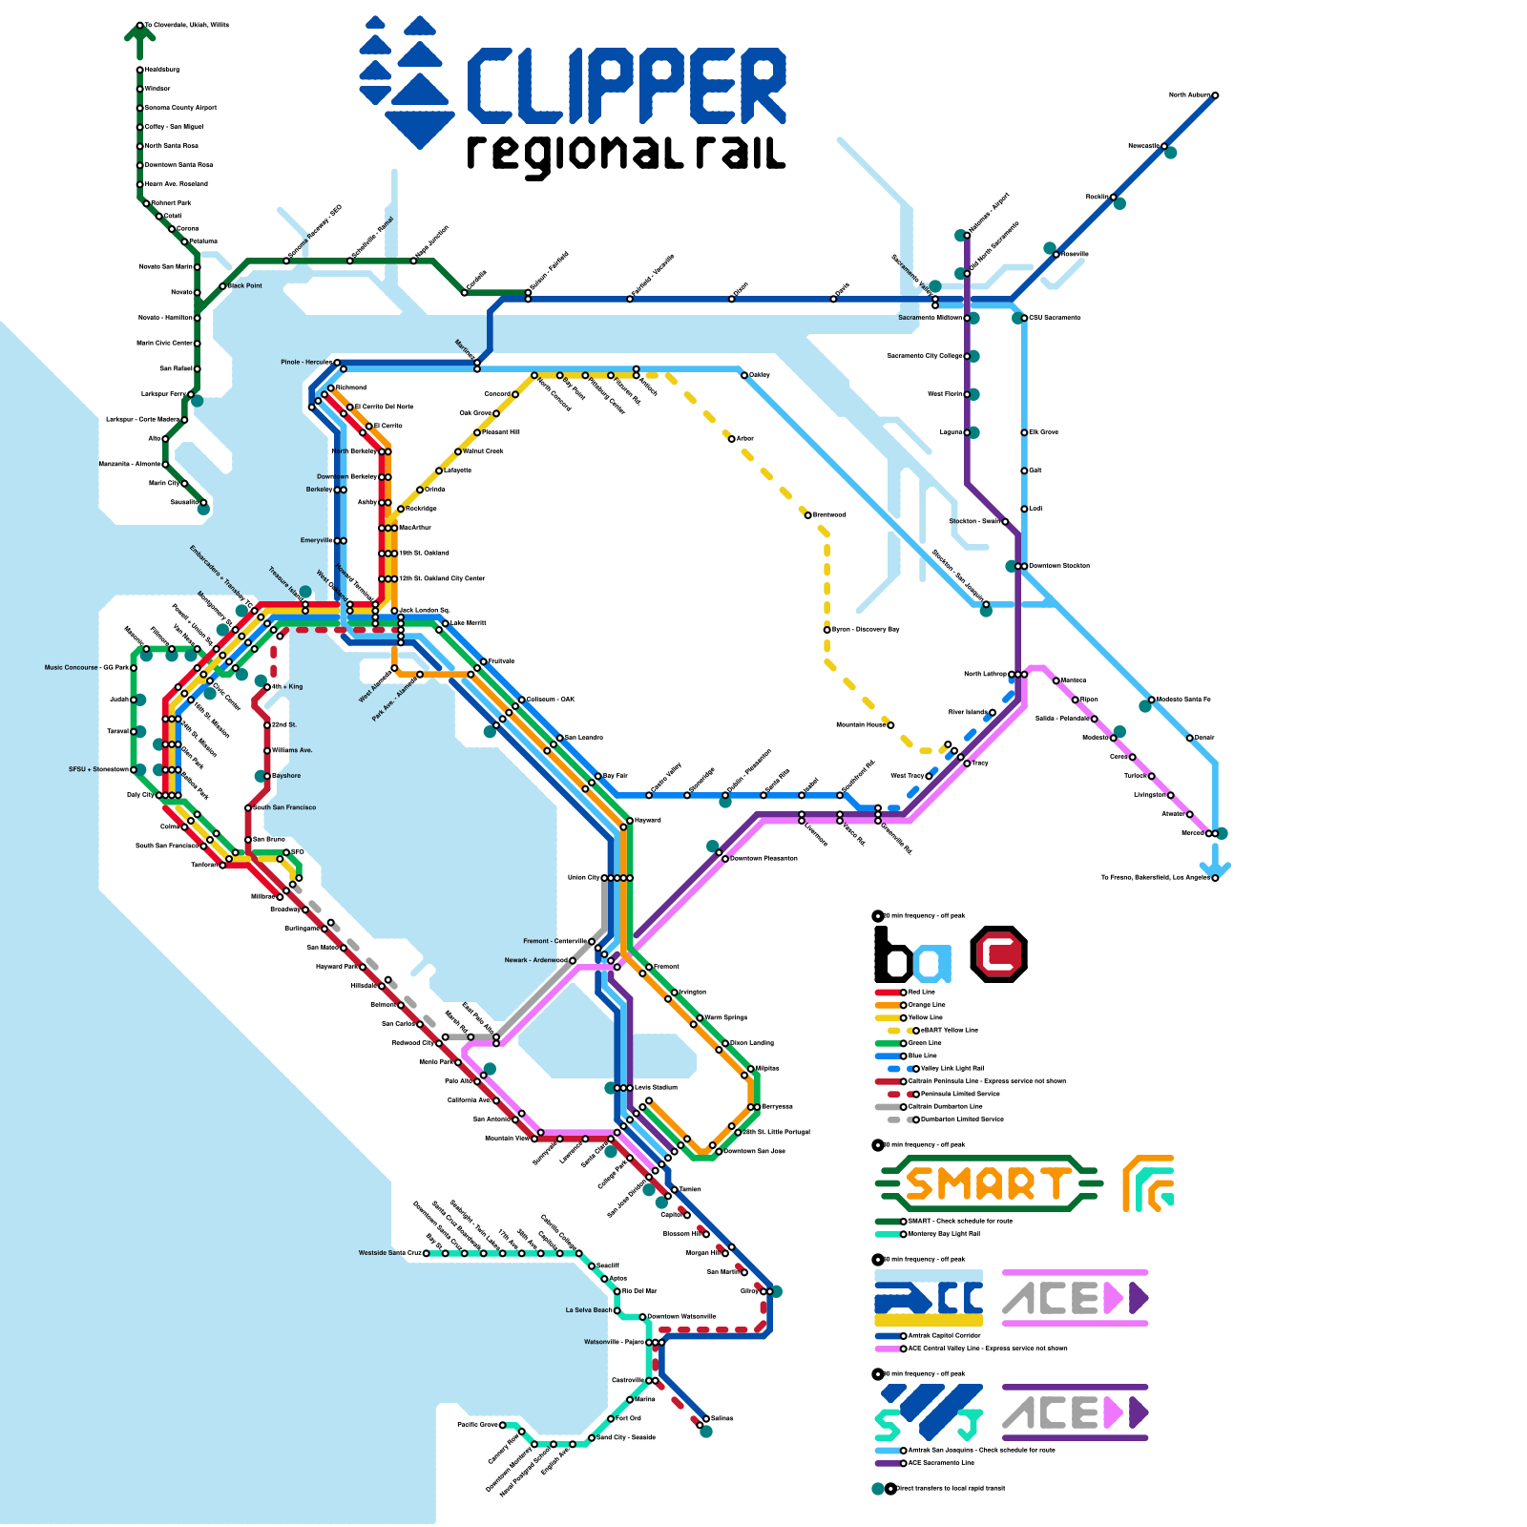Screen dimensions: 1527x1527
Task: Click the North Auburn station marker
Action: pyautogui.click(x=1215, y=95)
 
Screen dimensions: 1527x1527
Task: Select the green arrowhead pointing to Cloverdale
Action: pyautogui.click(x=139, y=35)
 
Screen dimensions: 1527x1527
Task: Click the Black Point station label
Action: pyautogui.click(x=245, y=285)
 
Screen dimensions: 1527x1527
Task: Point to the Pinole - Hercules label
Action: pyautogui.click(x=305, y=363)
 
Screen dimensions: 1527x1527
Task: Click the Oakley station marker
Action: pyautogui.click(x=744, y=375)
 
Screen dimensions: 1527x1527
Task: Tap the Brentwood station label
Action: pyautogui.click(x=829, y=514)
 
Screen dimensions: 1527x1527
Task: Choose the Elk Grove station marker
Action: pyautogui.click(x=1024, y=432)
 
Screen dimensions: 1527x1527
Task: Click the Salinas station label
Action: pyautogui.click(x=722, y=1418)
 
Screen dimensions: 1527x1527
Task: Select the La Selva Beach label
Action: pyautogui.click(x=588, y=1310)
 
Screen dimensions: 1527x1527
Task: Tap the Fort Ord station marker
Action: pyautogui.click(x=611, y=1419)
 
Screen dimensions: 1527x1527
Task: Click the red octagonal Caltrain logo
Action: pyautogui.click(x=998, y=953)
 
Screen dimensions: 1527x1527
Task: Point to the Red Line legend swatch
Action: pyautogui.click(x=888, y=993)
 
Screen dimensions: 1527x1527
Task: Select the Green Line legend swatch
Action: pyautogui.click(x=888, y=1043)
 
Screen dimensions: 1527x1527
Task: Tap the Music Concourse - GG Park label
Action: pyautogui.click(x=86, y=668)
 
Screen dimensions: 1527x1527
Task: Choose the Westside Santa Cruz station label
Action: pyautogui.click(x=389, y=1253)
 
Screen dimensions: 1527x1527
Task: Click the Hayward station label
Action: pyautogui.click(x=648, y=820)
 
